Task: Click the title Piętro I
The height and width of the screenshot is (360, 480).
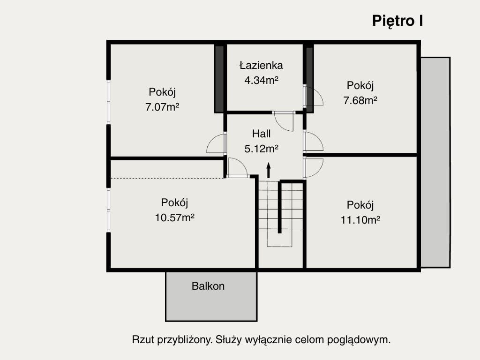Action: pos(397,21)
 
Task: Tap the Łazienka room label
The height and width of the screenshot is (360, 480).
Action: pos(261,65)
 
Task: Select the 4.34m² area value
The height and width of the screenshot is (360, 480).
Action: pos(261,80)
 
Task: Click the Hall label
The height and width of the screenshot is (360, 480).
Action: pos(261,134)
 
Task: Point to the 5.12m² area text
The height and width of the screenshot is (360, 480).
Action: pos(261,149)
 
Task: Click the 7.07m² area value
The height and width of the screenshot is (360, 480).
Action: pos(163,107)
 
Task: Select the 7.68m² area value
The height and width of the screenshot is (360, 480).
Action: pos(360,100)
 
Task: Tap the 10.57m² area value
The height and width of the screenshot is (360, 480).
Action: pos(175,217)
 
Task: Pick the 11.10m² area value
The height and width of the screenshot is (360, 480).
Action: pos(360,219)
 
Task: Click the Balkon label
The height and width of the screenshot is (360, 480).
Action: pos(208,286)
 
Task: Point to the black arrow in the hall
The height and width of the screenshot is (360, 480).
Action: pos(269,170)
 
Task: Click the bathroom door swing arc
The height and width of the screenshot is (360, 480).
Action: pos(284,122)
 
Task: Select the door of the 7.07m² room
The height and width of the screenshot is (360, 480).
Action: pos(216,143)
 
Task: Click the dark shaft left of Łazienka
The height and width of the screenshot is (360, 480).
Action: pos(219,78)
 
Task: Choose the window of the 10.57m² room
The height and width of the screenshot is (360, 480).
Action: pos(108,210)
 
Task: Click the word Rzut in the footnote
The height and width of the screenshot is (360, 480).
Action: pos(142,340)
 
